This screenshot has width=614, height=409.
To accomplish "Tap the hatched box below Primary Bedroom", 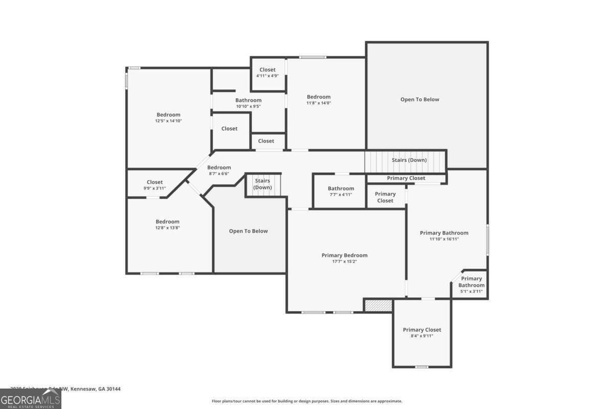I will tap(378, 305).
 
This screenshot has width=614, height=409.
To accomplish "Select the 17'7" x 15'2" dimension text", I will tap(344, 262).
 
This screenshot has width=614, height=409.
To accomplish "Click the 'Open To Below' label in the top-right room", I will tap(420, 99).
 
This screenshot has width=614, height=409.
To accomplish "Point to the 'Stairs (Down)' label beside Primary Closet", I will tap(409, 160).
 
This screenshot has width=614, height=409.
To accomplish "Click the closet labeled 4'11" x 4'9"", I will tap(267, 73).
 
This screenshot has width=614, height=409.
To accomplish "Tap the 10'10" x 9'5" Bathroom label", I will tap(248, 103).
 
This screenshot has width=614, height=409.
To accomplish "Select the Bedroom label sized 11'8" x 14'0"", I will tap(318, 100).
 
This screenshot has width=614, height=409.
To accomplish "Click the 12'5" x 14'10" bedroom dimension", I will tap(168, 121).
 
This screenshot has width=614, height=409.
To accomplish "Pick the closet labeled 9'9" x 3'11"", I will tap(155, 185).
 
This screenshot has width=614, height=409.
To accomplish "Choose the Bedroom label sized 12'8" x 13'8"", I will tap(167, 224).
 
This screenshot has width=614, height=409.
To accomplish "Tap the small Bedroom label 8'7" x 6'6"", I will tap(218, 170).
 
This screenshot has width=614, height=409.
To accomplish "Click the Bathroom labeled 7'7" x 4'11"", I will tap(341, 191).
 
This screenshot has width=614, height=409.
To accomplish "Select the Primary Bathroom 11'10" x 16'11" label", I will tap(444, 236).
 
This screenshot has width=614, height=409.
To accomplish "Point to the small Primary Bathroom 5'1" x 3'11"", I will tap(471, 285).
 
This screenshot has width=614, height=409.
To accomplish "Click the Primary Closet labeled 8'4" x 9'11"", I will tap(422, 333).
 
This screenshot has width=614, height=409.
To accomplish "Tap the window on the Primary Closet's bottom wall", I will tap(421, 367).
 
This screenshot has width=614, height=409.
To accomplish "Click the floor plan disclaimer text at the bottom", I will tap(307, 401).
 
